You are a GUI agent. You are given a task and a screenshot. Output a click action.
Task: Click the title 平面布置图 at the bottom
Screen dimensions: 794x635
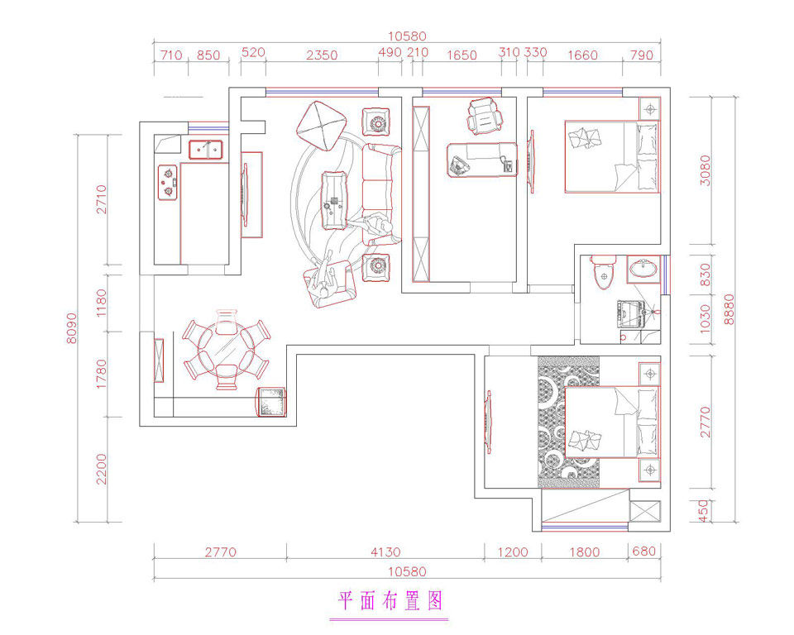point(390,601)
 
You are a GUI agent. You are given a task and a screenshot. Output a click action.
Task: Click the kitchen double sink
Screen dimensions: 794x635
point(206,150)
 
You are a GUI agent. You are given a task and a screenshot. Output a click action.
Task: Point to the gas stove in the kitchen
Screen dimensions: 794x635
point(168,182)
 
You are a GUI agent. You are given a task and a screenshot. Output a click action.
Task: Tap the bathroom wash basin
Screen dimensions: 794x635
point(643,269)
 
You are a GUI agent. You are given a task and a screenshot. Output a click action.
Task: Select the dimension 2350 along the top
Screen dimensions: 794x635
point(322,55)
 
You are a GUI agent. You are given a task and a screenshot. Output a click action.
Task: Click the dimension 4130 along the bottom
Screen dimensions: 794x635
point(385,552)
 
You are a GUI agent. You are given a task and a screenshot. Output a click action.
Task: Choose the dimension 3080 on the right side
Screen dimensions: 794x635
point(705,170)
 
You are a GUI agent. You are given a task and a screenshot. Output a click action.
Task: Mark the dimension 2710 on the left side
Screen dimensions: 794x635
point(102,199)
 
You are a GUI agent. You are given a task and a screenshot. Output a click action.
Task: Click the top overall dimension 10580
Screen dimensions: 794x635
point(407,36)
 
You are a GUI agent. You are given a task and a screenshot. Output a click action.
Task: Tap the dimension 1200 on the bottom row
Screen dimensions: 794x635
point(513,552)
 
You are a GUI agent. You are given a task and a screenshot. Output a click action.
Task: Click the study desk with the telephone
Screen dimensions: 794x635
point(482,160)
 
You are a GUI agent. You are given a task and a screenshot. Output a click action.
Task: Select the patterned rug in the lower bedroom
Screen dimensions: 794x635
point(568,423)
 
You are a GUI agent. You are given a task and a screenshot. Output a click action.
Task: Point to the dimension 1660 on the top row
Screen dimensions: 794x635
point(582,55)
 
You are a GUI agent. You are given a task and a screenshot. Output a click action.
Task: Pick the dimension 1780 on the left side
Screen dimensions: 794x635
point(102,375)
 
